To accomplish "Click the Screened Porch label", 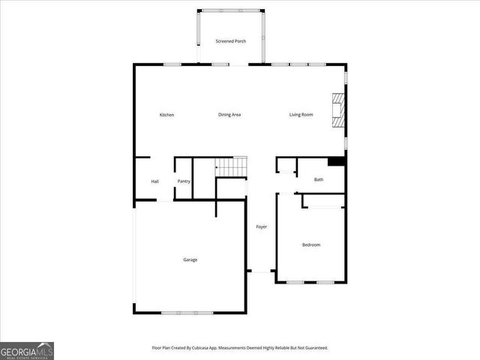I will (x=230, y=41).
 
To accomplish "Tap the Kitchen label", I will (x=166, y=115).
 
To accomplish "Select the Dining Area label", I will (x=229, y=115).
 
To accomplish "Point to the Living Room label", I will (x=301, y=115).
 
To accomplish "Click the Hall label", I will (x=154, y=181).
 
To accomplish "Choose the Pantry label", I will (x=184, y=181).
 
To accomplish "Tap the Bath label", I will (x=319, y=180).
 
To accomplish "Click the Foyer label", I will (x=261, y=226).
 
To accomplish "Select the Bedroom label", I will (x=311, y=245).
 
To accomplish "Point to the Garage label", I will (x=190, y=259).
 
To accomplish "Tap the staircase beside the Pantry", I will (x=232, y=166).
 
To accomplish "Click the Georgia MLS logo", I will (x=27, y=350).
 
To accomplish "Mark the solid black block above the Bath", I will (x=337, y=161).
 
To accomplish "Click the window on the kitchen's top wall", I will (x=172, y=65).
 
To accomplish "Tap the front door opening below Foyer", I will (x=261, y=272).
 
